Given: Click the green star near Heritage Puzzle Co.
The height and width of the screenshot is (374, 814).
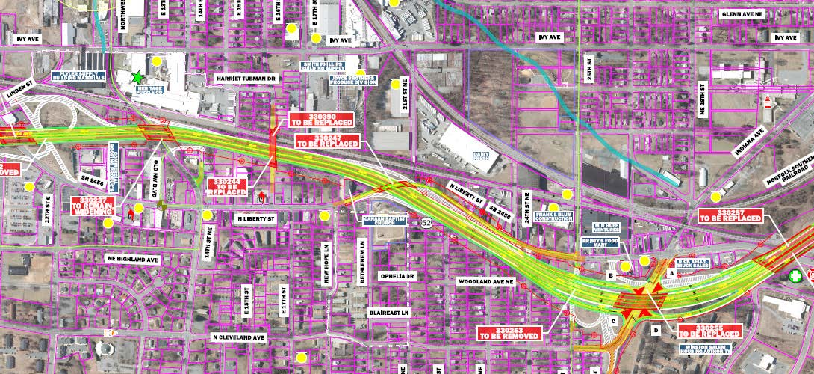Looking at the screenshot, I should coord(137,76).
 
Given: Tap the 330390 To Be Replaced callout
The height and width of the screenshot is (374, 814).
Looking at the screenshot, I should coord(314,119).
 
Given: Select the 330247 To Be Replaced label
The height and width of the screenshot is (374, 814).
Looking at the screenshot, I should coord(328,140).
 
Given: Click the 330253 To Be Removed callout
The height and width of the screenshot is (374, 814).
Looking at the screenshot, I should coord(511,333).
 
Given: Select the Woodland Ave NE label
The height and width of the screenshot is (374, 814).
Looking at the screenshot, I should coord(486,280).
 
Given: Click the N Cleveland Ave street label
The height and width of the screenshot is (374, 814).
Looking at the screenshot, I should coord(238,337).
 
